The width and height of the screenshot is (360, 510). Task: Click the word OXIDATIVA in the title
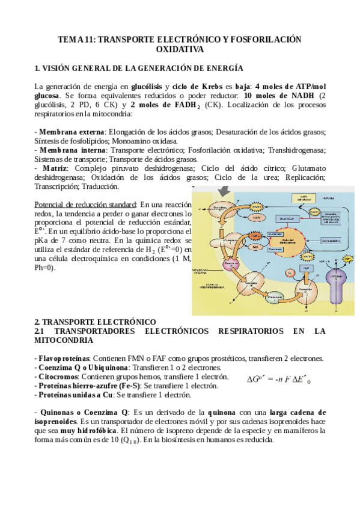180,49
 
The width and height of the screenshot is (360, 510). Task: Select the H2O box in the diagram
288,266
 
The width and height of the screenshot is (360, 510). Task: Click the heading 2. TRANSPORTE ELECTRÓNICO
95,322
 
